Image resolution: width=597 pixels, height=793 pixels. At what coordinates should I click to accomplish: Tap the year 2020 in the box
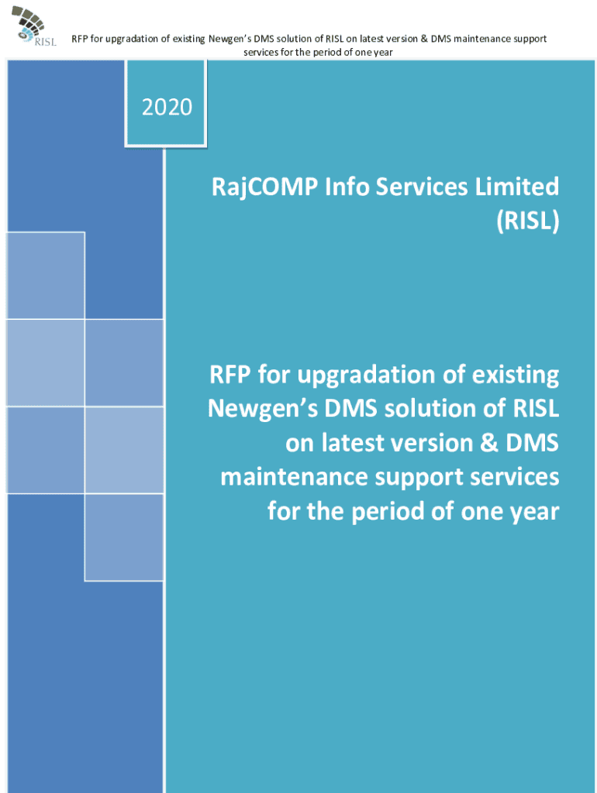click(x=167, y=107)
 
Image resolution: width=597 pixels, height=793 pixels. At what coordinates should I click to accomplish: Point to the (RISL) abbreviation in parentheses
click(x=528, y=221)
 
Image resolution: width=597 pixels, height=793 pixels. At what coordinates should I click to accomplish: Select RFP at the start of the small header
click(x=80, y=39)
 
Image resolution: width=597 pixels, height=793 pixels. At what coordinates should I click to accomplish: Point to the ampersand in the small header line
click(x=424, y=39)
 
